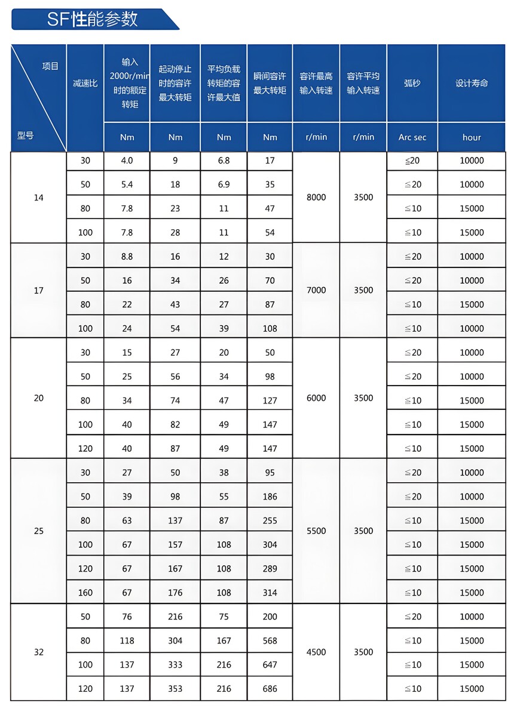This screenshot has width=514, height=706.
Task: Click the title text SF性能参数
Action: click(x=92, y=19)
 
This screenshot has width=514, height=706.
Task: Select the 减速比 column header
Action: click(x=85, y=83)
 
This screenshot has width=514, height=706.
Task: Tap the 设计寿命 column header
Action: click(x=472, y=83)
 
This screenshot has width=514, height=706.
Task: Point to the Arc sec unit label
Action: click(x=412, y=137)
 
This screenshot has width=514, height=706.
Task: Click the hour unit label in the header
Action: click(x=472, y=137)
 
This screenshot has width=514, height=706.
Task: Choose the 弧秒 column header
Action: click(x=412, y=83)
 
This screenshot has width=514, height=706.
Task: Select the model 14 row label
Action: click(x=39, y=198)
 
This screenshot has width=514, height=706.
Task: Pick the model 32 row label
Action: click(x=39, y=652)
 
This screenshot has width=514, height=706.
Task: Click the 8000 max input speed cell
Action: click(x=316, y=198)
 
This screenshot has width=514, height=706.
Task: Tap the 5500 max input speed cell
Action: click(x=316, y=531)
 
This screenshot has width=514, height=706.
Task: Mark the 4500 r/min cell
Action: click(x=316, y=652)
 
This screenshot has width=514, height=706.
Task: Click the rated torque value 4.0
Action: click(x=127, y=161)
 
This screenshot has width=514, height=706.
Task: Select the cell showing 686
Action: click(x=270, y=689)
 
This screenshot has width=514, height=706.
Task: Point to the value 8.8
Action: click(x=127, y=257)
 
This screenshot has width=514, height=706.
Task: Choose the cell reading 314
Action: click(x=270, y=593)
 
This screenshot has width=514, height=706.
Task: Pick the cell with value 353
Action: click(x=175, y=689)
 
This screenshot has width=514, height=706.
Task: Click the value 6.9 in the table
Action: click(x=224, y=184)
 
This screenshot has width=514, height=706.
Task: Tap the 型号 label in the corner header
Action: click(x=25, y=135)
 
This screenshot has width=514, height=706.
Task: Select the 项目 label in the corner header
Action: click(x=50, y=66)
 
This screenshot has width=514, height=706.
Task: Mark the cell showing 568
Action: click(x=270, y=641)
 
